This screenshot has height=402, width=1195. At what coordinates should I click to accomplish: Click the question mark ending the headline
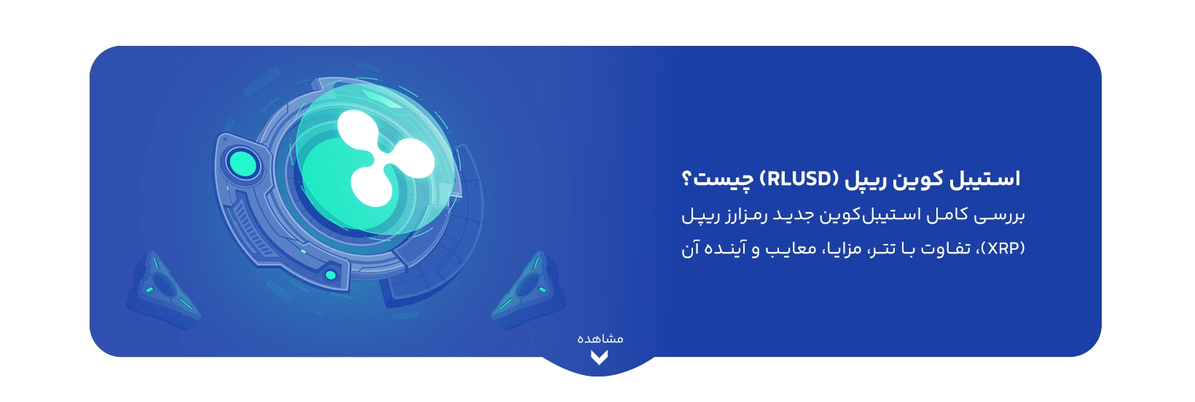point(687,178)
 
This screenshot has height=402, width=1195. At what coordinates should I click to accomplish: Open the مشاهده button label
point(600,339)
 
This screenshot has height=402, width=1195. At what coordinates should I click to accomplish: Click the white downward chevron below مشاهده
point(599,358)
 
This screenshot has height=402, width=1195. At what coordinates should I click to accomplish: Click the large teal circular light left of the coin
point(241,162)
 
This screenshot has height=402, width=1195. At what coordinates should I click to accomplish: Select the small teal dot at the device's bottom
point(331,275)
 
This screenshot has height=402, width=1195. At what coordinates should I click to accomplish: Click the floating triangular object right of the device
point(528,291)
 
